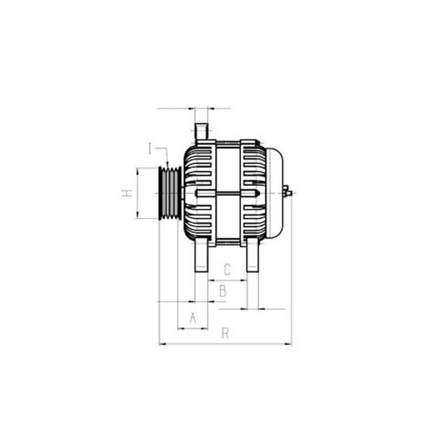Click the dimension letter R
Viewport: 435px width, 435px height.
(225, 334)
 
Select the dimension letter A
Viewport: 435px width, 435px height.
(192, 319)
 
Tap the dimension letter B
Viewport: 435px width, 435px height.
(222, 291)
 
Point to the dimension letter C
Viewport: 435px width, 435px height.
(228, 269)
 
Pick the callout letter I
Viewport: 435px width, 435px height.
(150, 148)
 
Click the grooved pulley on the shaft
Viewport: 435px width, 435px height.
(170, 193)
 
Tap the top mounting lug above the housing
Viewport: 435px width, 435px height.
(201, 132)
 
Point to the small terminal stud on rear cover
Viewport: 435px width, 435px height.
(288, 192)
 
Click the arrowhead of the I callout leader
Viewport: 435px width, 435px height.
(168, 165)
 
